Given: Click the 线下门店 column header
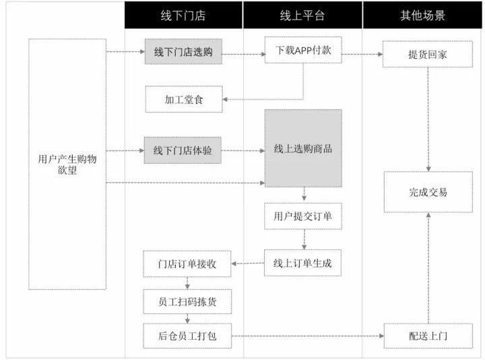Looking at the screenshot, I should (183, 16).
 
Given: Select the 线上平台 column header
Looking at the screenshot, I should (302, 16).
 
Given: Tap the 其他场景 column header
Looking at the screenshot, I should (422, 16).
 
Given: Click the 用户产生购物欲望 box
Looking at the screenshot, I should (67, 164).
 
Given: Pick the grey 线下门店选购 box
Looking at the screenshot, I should (183, 52).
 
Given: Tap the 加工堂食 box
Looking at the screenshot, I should (183, 99).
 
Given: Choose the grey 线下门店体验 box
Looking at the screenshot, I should (183, 150).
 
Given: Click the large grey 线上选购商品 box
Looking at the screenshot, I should (303, 148).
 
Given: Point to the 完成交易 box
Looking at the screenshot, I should (428, 192).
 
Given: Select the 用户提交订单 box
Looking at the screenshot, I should (303, 216).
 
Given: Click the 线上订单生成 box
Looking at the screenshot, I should (303, 263).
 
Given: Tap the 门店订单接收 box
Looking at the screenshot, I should (187, 264).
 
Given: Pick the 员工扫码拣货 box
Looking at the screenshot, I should (187, 301).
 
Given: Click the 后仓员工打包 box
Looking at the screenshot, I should (187, 336).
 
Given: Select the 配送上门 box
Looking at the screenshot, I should (428, 336).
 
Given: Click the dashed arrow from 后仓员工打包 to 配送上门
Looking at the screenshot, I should (307, 336).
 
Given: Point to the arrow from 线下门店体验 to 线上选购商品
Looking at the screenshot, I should (243, 150).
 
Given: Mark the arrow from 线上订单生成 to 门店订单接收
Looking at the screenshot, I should (248, 264).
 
